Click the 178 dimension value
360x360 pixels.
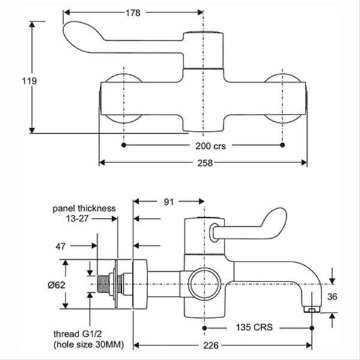click(133, 13)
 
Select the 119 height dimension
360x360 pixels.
click(29, 81)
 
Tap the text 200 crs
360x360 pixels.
click(211, 146)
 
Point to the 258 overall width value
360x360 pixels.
click(205, 163)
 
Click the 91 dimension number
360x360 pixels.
click(169, 202)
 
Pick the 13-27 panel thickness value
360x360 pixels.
click(77, 218)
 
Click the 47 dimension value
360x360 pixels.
click(61, 247)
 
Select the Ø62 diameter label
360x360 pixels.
click(56, 285)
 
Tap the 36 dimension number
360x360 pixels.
click(332, 297)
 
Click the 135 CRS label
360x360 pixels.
click(254, 327)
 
